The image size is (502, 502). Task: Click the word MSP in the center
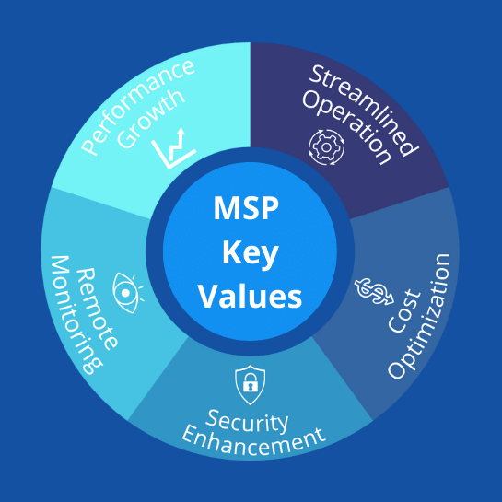tap(246, 208)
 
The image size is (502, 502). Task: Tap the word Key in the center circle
tap(251, 254)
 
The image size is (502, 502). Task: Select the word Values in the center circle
tap(251, 297)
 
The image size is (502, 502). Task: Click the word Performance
tap(137, 107)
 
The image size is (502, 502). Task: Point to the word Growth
tap(151, 119)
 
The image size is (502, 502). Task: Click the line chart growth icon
tap(173, 148)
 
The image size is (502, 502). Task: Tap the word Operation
tap(346, 127)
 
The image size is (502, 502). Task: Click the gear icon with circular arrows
tap(327, 147)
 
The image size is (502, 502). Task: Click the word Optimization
tap(419, 316)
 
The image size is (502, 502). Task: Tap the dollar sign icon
tap(374, 291)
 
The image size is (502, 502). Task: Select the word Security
tap(247, 421)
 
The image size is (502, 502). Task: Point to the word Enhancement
tap(253, 440)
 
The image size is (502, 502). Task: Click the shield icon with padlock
tap(250, 385)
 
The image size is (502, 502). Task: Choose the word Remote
tap(97, 309)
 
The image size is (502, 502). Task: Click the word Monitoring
tap(76, 315)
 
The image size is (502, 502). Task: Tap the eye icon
tap(126, 293)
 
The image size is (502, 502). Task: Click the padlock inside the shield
tap(250, 382)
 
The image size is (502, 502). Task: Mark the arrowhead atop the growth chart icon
tap(181, 132)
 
